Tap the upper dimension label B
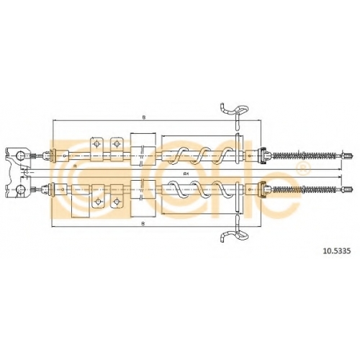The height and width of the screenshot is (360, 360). coord(144,117)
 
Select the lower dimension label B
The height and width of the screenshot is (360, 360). coord(143,223)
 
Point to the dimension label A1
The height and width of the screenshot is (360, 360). coord(185,174)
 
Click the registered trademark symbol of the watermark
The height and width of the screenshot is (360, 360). coord(303,168)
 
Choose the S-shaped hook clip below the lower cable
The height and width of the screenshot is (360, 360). coord(235,229)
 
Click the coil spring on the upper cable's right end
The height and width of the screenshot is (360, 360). coord(305,156)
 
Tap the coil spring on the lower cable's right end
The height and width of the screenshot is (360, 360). coord(305,189)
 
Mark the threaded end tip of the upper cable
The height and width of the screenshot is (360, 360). coord(348,156)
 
